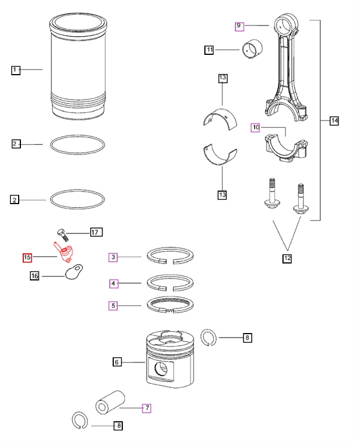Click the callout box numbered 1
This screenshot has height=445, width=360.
click(16, 70)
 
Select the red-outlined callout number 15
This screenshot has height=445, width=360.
click(27, 258)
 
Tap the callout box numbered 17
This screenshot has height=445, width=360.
click(95, 232)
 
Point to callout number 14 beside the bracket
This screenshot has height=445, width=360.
click(334, 120)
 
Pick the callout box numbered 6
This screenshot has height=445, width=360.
click(117, 362)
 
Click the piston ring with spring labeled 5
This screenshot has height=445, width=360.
click(172, 305)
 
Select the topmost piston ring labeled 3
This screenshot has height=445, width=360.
click(172, 254)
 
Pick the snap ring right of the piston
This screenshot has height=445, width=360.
click(209, 339)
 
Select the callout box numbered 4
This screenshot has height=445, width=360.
click(113, 283)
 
